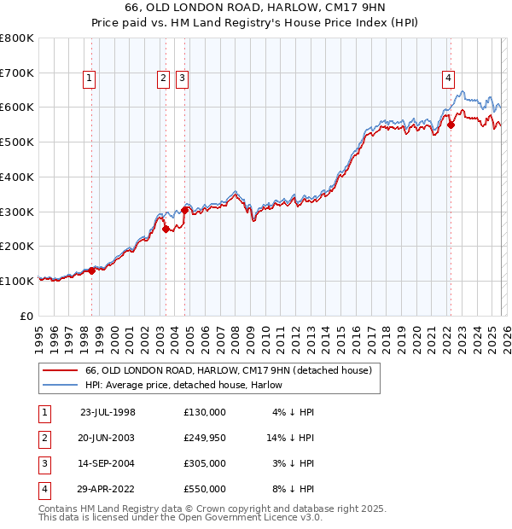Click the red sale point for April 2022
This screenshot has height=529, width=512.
[x=451, y=125]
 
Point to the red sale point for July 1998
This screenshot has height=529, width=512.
[x=91, y=270]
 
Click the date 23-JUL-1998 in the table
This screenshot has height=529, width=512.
[x=108, y=411]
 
